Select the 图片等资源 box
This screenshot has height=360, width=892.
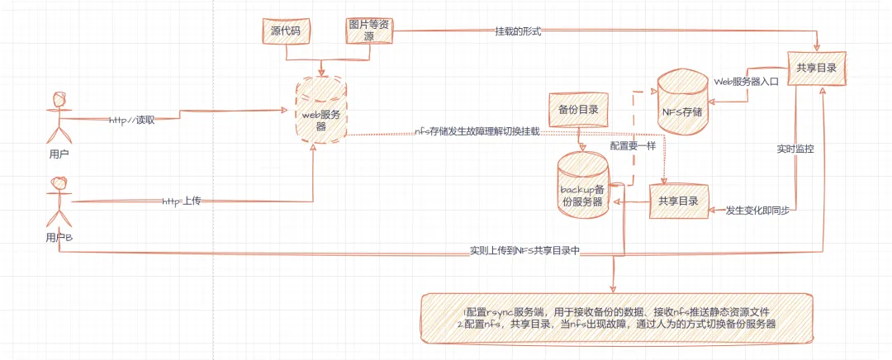369,31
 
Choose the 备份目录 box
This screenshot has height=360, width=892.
578,110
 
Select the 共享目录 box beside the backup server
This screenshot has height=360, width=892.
678,201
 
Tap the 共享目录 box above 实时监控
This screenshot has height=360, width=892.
817,68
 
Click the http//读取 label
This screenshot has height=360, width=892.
132,120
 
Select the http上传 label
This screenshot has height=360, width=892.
181,201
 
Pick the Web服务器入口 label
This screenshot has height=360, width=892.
746,82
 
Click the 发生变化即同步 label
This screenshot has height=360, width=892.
757,211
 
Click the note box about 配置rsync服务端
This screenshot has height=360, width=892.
616,318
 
